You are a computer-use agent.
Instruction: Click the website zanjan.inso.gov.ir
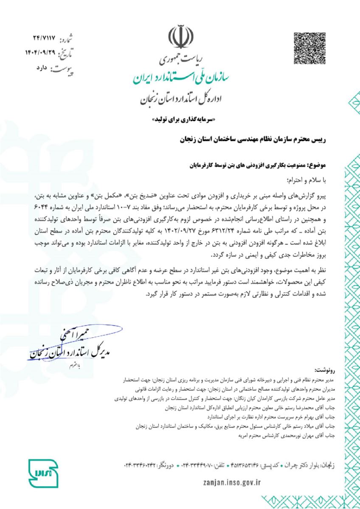point(232,482)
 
